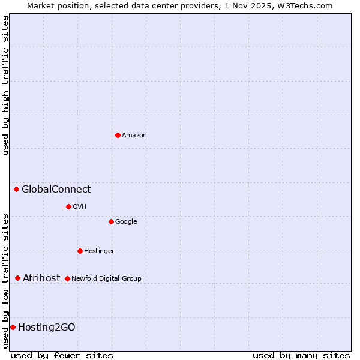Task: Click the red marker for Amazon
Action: tap(118, 135)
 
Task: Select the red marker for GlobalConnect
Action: tap(16, 190)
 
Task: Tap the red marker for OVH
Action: tap(68, 206)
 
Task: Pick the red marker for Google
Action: tap(111, 221)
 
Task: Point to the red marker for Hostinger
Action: tap(80, 251)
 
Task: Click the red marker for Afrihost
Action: tap(17, 278)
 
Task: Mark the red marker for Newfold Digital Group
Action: tap(67, 278)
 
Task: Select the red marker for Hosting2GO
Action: tap(13, 327)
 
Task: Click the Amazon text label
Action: tap(134, 136)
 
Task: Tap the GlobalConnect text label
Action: tap(56, 190)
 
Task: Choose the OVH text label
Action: tap(80, 207)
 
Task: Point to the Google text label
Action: tap(126, 222)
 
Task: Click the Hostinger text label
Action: tap(99, 251)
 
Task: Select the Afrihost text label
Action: tap(41, 278)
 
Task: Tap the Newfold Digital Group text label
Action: tap(106, 278)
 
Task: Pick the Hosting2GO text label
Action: tap(47, 327)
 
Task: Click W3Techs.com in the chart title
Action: tap(311, 5)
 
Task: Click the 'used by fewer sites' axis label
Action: tap(62, 355)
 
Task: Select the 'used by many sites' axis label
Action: tap(301, 355)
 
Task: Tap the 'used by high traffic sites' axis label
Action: tap(5, 85)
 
